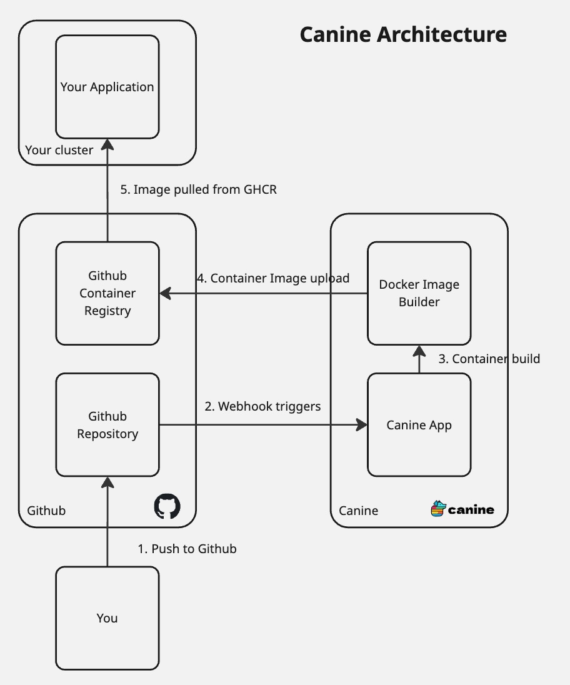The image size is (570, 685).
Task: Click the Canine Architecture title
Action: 403,34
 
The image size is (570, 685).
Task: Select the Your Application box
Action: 107,87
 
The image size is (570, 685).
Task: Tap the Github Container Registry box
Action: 107,293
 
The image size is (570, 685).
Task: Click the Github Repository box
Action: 107,424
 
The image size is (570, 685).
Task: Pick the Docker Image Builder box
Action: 419,293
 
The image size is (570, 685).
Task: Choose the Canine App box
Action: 419,424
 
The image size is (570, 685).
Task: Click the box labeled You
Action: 107,618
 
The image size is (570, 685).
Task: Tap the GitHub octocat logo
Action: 167,506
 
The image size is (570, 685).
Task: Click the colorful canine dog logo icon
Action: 439,509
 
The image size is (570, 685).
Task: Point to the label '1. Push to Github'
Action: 187,549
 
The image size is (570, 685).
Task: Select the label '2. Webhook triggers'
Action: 262,406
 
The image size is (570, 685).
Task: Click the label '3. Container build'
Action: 489,359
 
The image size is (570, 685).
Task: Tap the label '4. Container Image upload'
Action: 273,278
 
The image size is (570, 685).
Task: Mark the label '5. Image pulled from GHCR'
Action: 198,189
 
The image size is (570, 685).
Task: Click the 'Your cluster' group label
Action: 59,150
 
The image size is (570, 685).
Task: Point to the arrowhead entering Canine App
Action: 362,424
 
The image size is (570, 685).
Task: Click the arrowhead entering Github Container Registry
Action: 165,293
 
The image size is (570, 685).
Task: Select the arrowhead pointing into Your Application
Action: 107,144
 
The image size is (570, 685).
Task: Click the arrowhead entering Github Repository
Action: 107,482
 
